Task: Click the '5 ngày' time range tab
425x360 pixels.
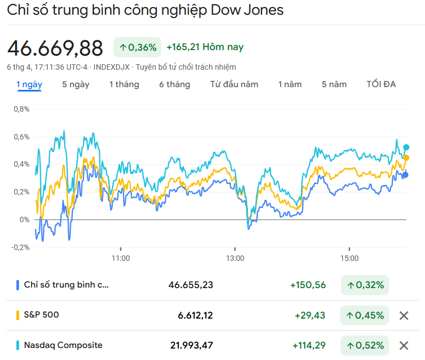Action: click(x=76, y=84)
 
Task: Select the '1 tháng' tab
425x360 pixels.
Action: click(x=124, y=84)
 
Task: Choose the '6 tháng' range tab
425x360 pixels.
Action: click(x=174, y=84)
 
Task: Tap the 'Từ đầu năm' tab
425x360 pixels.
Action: click(x=234, y=84)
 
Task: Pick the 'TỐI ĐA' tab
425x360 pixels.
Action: click(x=381, y=84)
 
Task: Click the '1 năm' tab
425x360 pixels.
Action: click(x=290, y=84)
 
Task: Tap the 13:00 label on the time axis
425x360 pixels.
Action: click(x=235, y=258)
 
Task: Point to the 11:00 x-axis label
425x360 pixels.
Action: click(x=120, y=258)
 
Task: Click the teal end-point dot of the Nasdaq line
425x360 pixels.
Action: click(x=406, y=147)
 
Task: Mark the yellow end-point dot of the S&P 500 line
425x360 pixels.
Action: click(x=406, y=157)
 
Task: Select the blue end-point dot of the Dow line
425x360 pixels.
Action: click(x=405, y=175)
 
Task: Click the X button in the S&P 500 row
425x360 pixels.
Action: click(x=404, y=315)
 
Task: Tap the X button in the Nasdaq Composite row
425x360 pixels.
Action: click(x=404, y=345)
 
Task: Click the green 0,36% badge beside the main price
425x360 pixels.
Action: click(x=138, y=47)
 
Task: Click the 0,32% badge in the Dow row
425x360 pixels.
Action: click(x=365, y=285)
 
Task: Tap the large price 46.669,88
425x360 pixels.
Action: click(x=55, y=48)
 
